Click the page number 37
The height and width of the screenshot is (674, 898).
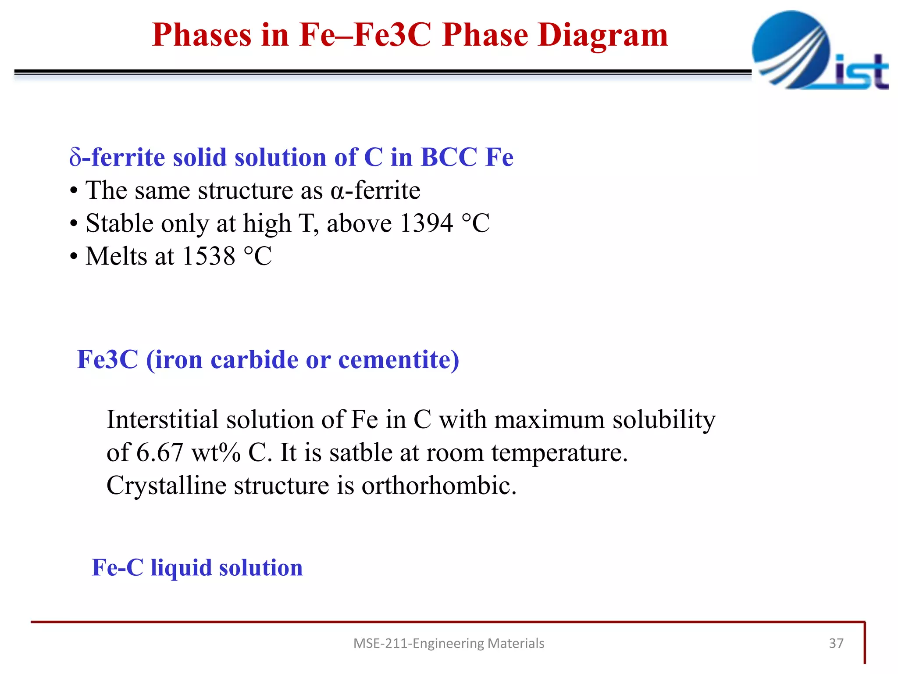[x=836, y=643]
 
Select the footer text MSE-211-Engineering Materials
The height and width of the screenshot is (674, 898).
[x=449, y=643]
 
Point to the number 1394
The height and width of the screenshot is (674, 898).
[x=426, y=223]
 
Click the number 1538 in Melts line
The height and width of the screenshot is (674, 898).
[x=208, y=256]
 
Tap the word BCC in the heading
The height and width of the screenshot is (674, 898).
[x=448, y=157]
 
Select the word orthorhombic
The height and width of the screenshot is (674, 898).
[x=438, y=486]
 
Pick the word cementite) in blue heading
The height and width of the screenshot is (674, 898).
[x=398, y=360]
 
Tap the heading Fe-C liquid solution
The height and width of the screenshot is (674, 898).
[x=197, y=567]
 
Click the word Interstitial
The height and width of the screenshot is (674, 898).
[x=162, y=419]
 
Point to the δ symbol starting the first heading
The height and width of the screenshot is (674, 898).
[x=75, y=158]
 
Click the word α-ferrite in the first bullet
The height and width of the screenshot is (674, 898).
[x=375, y=191]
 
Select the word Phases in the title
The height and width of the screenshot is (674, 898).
[x=201, y=35]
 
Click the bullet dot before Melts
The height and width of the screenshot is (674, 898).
[x=74, y=257]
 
